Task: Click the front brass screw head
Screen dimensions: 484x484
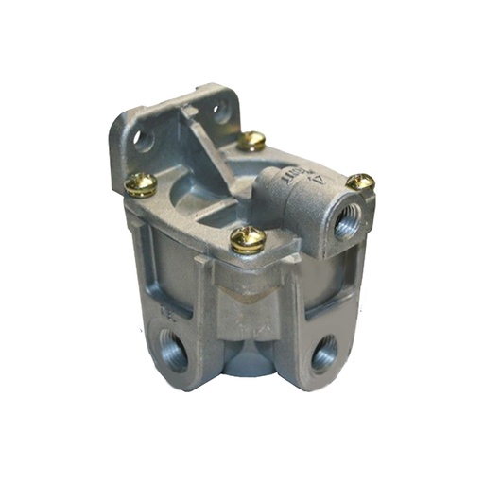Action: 248,238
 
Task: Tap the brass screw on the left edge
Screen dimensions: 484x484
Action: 141,183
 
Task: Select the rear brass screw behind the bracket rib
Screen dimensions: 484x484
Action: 251,141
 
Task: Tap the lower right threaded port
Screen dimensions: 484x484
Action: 323,354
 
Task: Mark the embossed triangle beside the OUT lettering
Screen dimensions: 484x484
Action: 320,172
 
